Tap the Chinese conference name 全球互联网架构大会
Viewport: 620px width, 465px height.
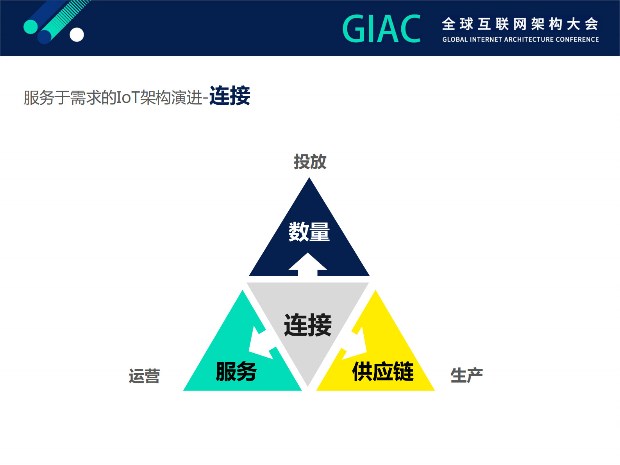(520, 24)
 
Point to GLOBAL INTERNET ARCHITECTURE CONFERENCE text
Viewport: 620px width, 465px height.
(520, 39)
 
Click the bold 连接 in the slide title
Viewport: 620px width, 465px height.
(230, 96)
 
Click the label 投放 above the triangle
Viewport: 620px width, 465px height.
(310, 162)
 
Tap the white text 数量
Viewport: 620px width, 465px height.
(309, 232)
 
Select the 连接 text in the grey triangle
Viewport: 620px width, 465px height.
(308, 325)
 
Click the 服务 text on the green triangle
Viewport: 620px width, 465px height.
(236, 371)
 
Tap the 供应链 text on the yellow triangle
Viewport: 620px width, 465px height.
(383, 371)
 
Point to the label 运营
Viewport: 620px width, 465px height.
(145, 376)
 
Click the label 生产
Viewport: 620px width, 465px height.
(466, 376)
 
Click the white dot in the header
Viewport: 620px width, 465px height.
(77, 35)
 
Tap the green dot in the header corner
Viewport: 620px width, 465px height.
(30, 27)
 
